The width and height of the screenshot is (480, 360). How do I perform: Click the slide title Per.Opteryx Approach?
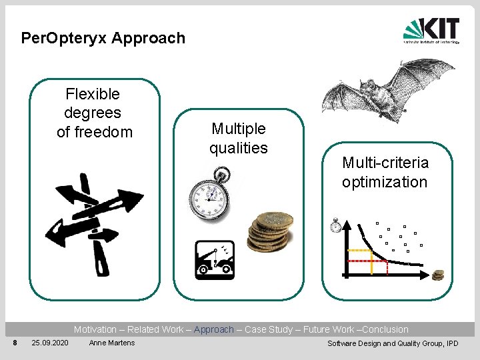pos(103,38)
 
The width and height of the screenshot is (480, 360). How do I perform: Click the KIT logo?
pos(431,31)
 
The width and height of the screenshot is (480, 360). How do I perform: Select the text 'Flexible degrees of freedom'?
pos(94,113)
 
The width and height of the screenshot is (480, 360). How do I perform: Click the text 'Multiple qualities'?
pos(238,138)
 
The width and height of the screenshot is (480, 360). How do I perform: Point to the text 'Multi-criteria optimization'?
pos(385,172)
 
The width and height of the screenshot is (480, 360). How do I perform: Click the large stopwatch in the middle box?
pos(209,196)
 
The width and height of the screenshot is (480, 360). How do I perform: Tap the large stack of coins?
pos(270,232)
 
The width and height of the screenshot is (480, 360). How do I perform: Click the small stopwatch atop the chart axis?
pos(336,225)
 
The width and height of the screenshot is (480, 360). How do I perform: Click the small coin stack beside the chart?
pos(438,275)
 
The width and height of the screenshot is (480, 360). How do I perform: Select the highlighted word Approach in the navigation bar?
pos(213,329)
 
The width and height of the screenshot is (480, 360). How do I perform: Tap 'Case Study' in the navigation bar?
pos(269,329)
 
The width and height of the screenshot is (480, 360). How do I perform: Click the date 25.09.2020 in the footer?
pos(49,343)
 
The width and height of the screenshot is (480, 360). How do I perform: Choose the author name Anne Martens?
pos(111,343)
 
